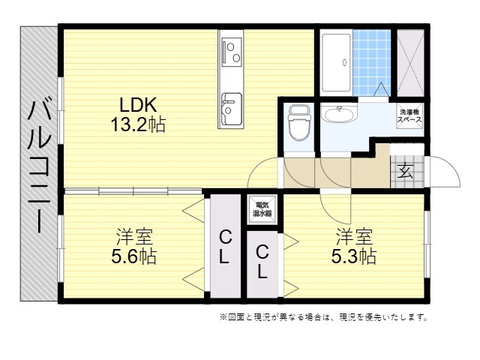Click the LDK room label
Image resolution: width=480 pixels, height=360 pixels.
(x=138, y=105)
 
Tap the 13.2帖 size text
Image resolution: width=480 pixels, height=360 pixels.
(x=138, y=124)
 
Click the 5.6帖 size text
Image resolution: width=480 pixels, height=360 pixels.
(x=133, y=256)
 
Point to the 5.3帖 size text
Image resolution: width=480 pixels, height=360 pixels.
(x=354, y=256)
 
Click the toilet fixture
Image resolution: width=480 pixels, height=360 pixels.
(x=298, y=123)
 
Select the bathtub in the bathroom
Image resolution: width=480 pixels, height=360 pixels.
(x=336, y=62)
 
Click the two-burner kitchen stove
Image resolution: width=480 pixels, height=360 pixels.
(x=232, y=52)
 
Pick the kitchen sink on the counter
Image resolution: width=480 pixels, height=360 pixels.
(x=232, y=109)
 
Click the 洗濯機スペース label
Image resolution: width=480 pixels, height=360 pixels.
(x=409, y=116)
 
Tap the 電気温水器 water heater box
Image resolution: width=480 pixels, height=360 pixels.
(x=262, y=209)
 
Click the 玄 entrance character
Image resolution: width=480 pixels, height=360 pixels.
(x=406, y=171)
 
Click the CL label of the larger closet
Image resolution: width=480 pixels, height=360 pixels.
(x=225, y=247)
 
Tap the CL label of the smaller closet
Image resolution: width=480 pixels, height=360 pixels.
(x=262, y=262)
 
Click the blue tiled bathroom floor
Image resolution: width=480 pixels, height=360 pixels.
(x=372, y=62)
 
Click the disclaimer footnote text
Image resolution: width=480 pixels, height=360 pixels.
(x=323, y=317)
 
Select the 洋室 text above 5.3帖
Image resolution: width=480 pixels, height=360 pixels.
(x=354, y=236)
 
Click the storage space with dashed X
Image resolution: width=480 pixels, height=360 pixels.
(x=410, y=62)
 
